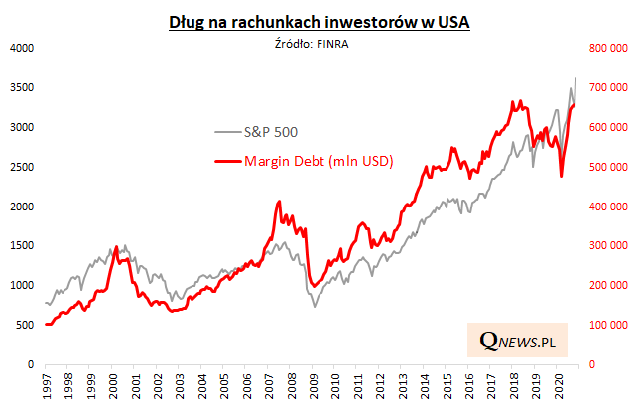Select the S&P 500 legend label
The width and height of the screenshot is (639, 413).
click(271, 131)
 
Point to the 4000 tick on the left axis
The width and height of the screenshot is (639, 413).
click(22, 48)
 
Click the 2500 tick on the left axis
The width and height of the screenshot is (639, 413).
click(22, 167)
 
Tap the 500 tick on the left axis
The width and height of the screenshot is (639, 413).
click(25, 326)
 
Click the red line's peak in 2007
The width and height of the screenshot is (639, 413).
click(279, 202)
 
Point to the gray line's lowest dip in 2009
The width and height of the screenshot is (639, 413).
click(315, 307)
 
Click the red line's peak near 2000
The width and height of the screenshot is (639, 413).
click(117, 246)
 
